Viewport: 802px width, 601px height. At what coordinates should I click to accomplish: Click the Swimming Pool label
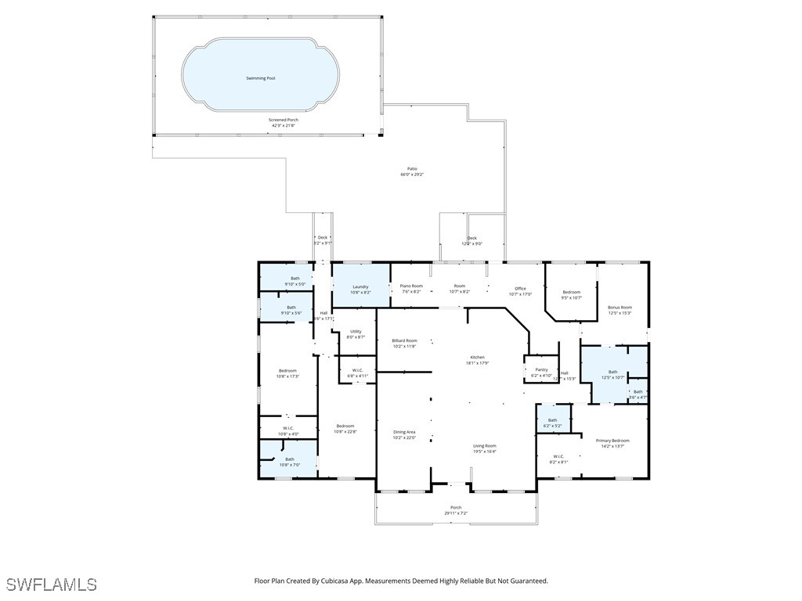260,79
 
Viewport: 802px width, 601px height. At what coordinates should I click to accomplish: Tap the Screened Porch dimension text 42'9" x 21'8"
284,125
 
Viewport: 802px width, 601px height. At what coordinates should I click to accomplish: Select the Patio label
412,168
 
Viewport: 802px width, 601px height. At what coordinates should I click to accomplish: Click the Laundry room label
360,286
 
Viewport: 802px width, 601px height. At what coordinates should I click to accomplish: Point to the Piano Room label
412,286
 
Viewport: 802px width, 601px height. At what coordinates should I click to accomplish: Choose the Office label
520,289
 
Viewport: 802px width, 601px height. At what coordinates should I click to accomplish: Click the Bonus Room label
620,308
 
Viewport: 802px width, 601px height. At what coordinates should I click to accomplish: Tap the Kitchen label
478,357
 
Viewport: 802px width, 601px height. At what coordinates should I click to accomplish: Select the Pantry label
541,370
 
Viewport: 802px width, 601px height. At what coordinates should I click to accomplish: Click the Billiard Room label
405,340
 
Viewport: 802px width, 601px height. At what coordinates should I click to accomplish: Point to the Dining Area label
404,432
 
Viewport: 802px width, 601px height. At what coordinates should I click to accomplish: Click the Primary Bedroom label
612,441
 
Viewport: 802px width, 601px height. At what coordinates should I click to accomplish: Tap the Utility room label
356,332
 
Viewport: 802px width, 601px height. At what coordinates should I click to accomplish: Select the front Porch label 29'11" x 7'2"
456,508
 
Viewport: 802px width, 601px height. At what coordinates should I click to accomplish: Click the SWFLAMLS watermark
52,585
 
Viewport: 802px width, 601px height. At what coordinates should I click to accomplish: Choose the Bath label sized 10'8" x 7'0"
290,459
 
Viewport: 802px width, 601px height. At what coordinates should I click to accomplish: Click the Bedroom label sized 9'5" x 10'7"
572,292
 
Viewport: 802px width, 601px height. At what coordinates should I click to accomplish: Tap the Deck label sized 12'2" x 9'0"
471,238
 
